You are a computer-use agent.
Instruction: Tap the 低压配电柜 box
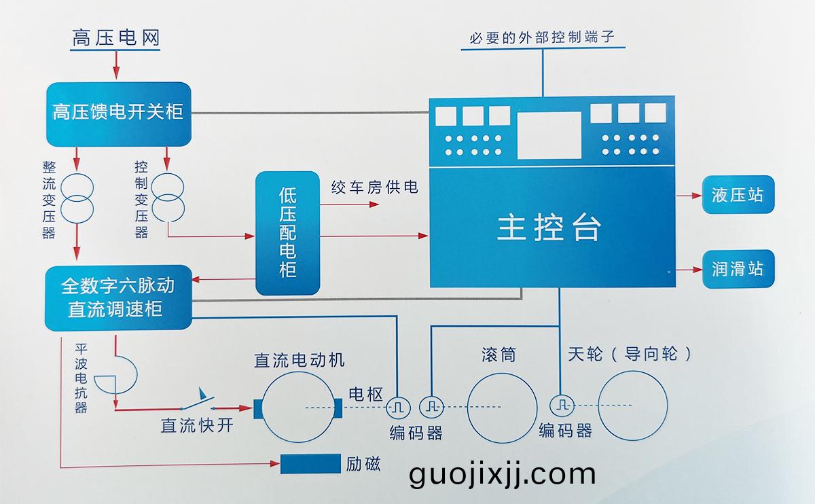[x=287, y=233]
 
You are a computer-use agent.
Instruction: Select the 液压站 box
[x=738, y=196]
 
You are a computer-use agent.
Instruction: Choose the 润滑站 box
[x=738, y=269]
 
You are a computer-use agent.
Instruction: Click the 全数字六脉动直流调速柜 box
[x=118, y=298]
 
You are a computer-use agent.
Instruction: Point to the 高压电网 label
[x=116, y=39]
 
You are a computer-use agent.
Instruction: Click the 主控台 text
[x=549, y=228]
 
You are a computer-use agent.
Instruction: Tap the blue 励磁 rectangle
[x=310, y=464]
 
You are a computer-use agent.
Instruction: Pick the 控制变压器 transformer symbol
[x=166, y=197]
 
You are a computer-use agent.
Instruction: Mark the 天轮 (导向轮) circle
[x=632, y=406]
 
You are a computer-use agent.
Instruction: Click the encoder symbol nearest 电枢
[x=397, y=408]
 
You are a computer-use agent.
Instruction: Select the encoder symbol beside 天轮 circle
[x=561, y=406]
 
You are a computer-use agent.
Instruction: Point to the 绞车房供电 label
[x=374, y=187]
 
